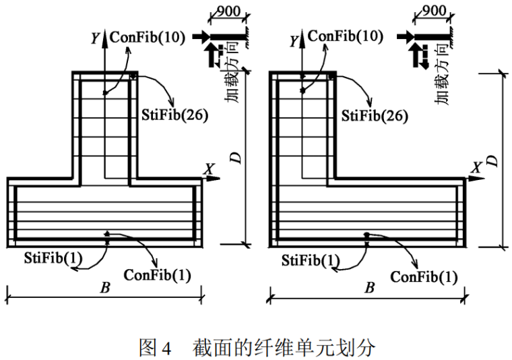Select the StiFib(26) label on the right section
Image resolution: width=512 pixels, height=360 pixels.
point(375,115)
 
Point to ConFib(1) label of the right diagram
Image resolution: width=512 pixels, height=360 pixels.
point(424,276)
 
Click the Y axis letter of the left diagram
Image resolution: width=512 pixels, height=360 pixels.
point(94,39)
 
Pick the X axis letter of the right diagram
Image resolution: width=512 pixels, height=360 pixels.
point(477,167)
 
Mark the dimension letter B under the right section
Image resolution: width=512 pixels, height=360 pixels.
point(369,288)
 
